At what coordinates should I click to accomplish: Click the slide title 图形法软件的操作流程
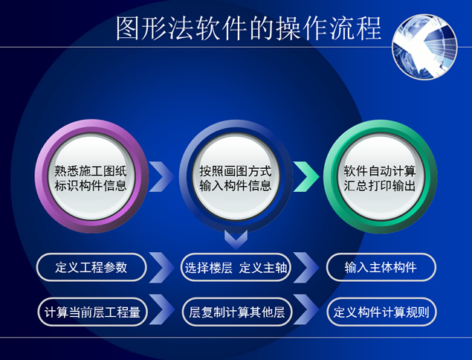(x=249, y=28)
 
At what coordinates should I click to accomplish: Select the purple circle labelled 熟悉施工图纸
(x=91, y=176)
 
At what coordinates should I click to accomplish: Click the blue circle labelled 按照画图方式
(x=236, y=176)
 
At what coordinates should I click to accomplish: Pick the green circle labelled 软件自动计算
(x=380, y=176)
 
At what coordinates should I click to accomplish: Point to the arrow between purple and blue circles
(x=161, y=177)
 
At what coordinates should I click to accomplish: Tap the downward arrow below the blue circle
(x=236, y=239)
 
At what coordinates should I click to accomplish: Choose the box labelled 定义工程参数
(x=91, y=268)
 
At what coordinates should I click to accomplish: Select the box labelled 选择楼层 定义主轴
(x=236, y=268)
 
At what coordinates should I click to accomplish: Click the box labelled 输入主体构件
(x=381, y=268)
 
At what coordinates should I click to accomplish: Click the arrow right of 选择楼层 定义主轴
(x=305, y=268)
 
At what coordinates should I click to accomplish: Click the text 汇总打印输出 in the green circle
(x=380, y=185)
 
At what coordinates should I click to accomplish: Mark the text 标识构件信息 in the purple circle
(x=91, y=185)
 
